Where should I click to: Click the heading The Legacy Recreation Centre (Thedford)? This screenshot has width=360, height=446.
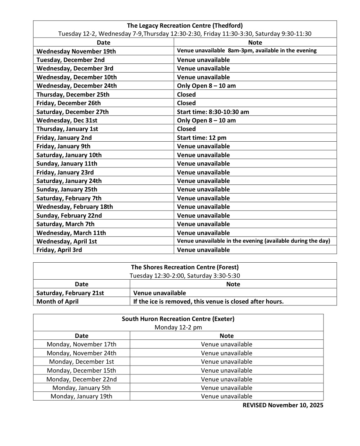tap(185, 25)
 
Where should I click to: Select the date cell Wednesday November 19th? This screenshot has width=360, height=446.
tap(76, 51)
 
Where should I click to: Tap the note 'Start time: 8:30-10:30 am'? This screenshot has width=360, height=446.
tap(213, 112)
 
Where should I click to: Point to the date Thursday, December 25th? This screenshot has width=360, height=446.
tap(73, 94)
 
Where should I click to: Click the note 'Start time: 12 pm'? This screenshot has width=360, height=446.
tap(202, 138)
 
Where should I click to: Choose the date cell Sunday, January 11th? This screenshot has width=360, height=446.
tap(67, 163)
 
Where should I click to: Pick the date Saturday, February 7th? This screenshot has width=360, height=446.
tap(69, 198)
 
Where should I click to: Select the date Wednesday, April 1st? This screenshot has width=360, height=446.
tap(67, 241)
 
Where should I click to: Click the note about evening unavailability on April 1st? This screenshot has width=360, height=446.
tap(253, 241)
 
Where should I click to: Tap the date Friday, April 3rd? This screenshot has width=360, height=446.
tap(59, 250)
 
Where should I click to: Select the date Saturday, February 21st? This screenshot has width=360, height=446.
tap(70, 293)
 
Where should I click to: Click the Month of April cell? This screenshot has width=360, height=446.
tap(58, 301)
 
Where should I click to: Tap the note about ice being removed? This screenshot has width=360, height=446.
tap(208, 301)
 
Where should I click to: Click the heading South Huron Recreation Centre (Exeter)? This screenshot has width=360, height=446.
tap(178, 319)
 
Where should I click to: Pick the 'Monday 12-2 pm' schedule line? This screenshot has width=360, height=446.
tap(178, 327)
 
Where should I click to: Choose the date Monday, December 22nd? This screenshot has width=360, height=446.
tap(82, 379)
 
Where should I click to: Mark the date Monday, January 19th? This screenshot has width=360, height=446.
tap(82, 396)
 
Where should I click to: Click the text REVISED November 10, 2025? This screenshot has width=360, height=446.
tap(283, 405)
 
